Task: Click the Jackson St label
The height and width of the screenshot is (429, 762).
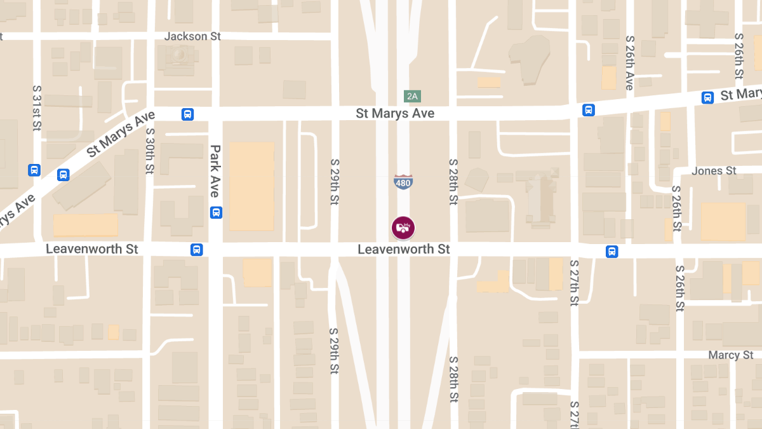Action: point(192,36)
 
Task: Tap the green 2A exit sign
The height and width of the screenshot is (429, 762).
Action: point(413,97)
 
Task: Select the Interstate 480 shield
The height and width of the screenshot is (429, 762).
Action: point(403,182)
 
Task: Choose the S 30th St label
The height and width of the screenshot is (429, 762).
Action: point(150,151)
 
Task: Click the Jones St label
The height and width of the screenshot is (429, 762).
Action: point(714,171)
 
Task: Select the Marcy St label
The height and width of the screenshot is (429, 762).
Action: point(731,355)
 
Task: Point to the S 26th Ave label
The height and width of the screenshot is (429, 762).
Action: point(629,63)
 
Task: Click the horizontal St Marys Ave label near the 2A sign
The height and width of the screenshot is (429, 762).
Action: point(395,113)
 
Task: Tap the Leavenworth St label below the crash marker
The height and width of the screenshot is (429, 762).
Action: point(404,249)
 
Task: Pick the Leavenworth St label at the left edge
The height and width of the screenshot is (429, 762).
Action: point(92,249)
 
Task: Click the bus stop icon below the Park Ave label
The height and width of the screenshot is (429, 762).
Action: point(216,212)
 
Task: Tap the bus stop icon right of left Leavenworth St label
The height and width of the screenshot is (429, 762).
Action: point(197,250)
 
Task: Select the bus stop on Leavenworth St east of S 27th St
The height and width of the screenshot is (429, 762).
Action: point(612,251)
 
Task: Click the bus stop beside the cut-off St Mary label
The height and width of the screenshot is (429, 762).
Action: point(707,97)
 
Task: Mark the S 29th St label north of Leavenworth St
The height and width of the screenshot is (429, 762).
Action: point(335,181)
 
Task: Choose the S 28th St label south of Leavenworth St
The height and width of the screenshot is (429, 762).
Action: point(453,378)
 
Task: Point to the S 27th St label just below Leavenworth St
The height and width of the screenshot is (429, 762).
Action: point(574,283)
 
